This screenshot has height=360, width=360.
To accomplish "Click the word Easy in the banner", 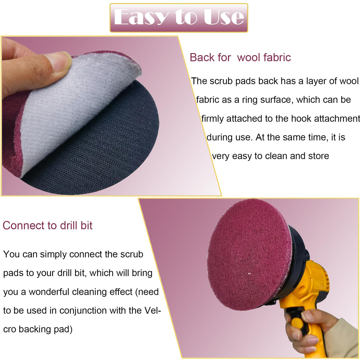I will click(x=141, y=17).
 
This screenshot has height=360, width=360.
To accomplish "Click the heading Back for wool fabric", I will click(x=240, y=58).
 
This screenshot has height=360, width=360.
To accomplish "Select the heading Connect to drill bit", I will click(x=47, y=226).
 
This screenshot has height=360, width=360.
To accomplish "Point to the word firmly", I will click(x=213, y=119).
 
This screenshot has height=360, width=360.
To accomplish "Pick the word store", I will click(x=318, y=156).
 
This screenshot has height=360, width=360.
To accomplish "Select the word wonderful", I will click(x=49, y=292).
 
